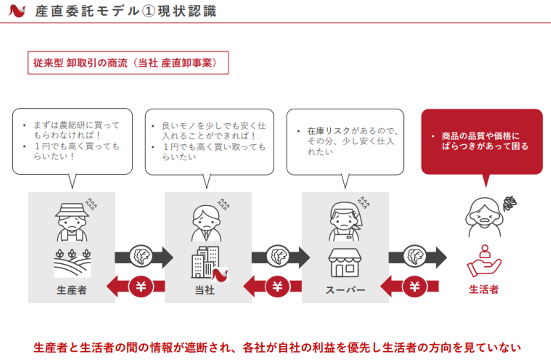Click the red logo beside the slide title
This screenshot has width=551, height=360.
tap(17, 11)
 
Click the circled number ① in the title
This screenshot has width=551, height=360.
tap(149, 11)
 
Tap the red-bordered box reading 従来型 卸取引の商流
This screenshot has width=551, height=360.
tap(128, 63)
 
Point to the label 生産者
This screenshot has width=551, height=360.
tap(72, 290)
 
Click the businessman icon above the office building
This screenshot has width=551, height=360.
tap(206, 223)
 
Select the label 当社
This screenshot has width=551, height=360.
tap(205, 290)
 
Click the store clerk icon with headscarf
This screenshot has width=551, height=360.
tap(346, 221)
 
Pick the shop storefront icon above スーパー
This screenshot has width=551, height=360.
tap(345, 262)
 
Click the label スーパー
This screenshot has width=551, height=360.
tap(346, 290)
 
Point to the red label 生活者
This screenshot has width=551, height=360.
tap(484, 290)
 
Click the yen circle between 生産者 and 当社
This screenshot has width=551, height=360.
tap(141, 287)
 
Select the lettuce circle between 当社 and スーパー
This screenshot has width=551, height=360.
tap(278, 256)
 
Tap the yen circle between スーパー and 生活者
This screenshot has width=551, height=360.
tap(414, 287)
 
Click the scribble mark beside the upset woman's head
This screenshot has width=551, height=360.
tap(510, 204)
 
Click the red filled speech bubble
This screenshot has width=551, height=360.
tap(482, 142)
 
